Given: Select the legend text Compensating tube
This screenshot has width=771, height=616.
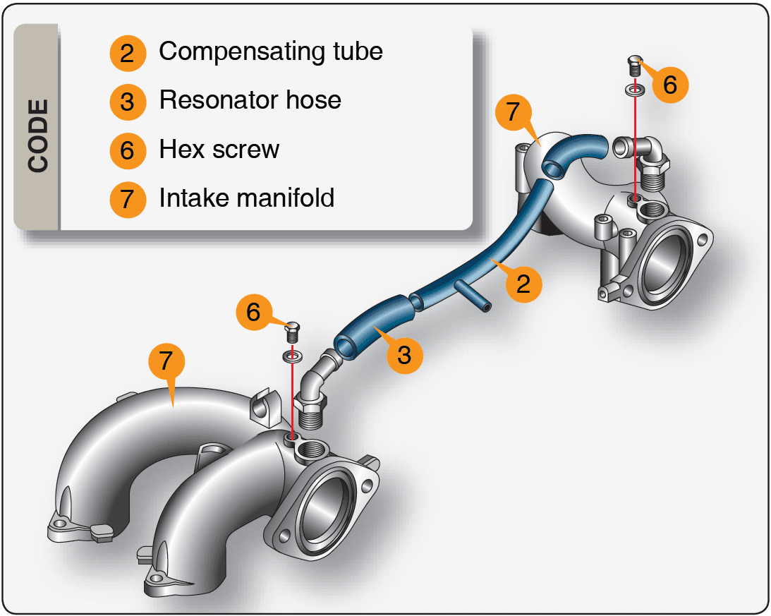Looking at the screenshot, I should pyautogui.click(x=270, y=52).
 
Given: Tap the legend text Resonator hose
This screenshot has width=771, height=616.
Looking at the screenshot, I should pyautogui.click(x=250, y=99).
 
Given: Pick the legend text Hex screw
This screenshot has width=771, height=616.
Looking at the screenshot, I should pyautogui.click(x=219, y=149).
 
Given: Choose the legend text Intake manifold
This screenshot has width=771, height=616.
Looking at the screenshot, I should pyautogui.click(x=246, y=198).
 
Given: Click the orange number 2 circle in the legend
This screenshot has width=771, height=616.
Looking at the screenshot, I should pyautogui.click(x=127, y=53).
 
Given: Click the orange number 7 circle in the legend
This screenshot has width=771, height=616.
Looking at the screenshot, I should pyautogui.click(x=127, y=199).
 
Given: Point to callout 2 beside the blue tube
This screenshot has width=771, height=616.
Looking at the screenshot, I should pyautogui.click(x=523, y=284).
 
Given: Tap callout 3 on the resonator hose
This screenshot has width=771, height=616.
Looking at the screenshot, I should pyautogui.click(x=403, y=354).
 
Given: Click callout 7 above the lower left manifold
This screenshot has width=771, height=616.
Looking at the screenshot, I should pyautogui.click(x=166, y=361).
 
